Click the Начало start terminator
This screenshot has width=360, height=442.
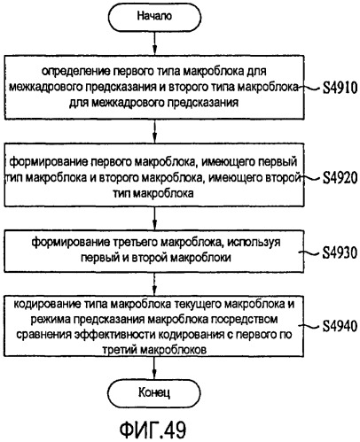pyautogui.click(x=154, y=16)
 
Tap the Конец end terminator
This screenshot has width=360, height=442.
pyautogui.click(x=154, y=392)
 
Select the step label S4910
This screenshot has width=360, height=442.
pyautogui.click(x=340, y=88)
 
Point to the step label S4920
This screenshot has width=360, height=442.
pyautogui.click(x=340, y=178)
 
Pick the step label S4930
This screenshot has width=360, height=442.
pyautogui.click(x=340, y=252)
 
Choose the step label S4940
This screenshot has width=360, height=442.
pyautogui.click(x=340, y=326)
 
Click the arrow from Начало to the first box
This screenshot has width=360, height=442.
pyautogui.click(x=154, y=43)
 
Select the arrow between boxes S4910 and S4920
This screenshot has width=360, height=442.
pyautogui.click(x=154, y=131)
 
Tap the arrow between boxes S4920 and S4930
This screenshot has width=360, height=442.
pyautogui.click(x=154, y=219)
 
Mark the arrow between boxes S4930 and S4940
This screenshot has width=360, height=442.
pyautogui.click(x=154, y=284)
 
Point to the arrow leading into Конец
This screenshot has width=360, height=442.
pyautogui.click(x=154, y=368)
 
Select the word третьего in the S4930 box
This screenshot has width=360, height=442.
pyautogui.click(x=136, y=242)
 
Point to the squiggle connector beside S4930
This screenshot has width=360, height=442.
pyautogui.click(x=309, y=252)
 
